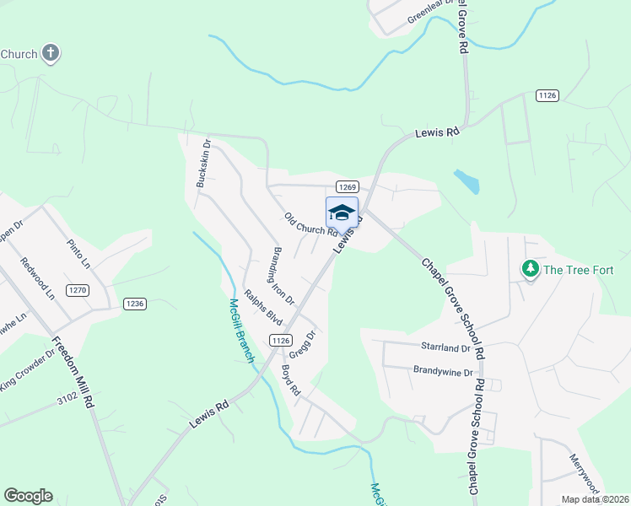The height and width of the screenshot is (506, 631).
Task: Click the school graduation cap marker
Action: click(x=342, y=212)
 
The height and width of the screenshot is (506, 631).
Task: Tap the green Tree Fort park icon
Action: click(x=531, y=270)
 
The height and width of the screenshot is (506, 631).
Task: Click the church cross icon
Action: click(x=51, y=54)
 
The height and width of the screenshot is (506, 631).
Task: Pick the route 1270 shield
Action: click(x=78, y=291)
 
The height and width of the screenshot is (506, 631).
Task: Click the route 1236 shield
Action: click(x=135, y=304)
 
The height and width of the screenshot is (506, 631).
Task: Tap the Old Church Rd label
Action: click(x=310, y=224)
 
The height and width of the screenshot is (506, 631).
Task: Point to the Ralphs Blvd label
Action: click(x=262, y=308)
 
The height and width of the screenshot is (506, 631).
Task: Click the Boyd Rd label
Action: click(x=291, y=380)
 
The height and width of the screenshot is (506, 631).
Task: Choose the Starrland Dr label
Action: click(x=445, y=347)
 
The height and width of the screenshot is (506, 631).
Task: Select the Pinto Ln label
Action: click(x=78, y=253)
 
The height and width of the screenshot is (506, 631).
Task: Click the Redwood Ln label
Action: click(x=38, y=278)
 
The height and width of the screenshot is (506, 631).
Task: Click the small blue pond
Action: click(x=467, y=180)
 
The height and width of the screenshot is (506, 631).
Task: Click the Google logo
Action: click(x=28, y=496)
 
